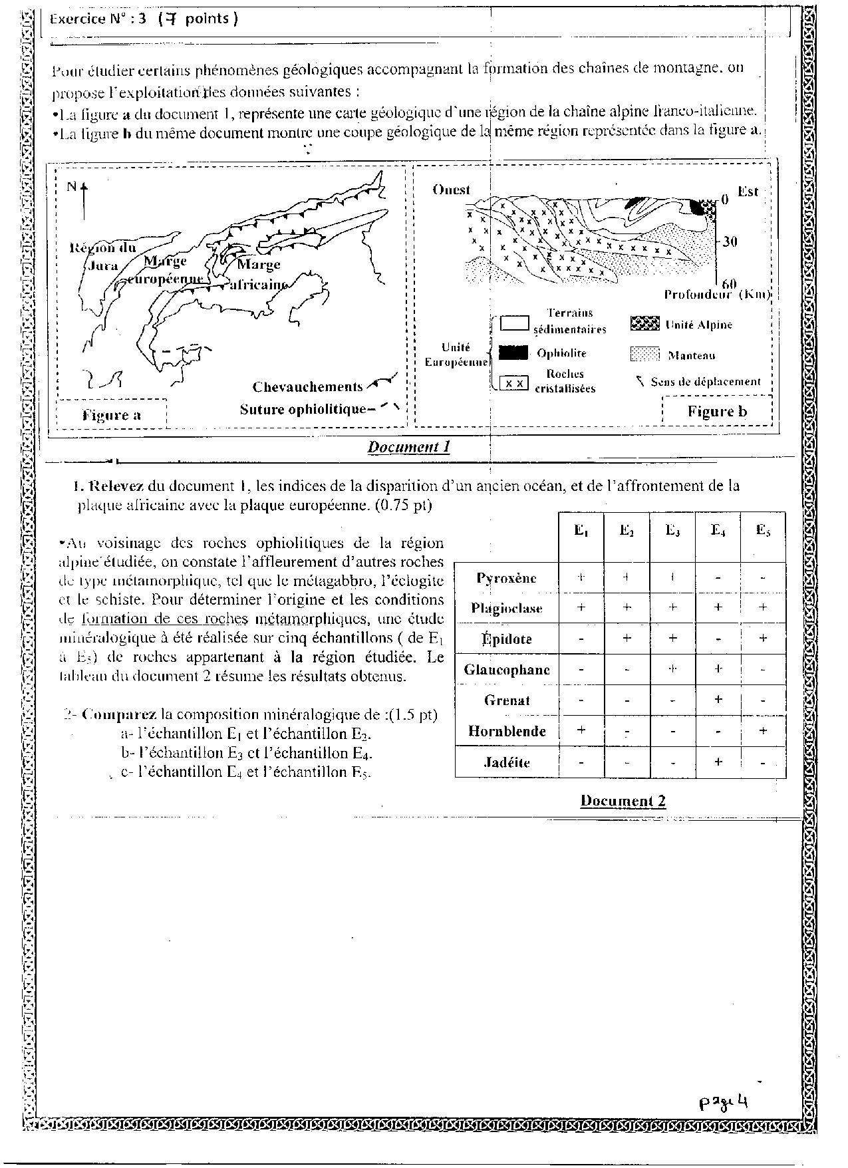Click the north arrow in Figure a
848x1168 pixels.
pos(84,197)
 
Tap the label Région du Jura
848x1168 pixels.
pos(102,257)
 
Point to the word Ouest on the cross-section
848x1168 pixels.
pos(451,190)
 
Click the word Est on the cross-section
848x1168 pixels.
pos(748,192)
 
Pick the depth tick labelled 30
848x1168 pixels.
pos(730,241)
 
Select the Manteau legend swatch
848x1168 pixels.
pos(644,355)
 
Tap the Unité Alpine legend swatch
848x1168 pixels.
pos(644,325)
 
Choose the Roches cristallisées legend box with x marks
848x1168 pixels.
pos(513,383)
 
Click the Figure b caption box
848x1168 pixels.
pos(717,411)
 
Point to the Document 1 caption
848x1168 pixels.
pos(408,447)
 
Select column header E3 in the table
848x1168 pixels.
pos(672,531)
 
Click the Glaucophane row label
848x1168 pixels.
pos(507,670)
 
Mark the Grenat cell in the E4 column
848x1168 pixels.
pos(718,700)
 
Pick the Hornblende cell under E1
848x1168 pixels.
pos(581,731)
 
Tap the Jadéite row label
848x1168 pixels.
pos(507,762)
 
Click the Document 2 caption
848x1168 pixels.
pos(623,801)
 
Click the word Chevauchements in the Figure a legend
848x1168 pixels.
pos(307,387)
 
